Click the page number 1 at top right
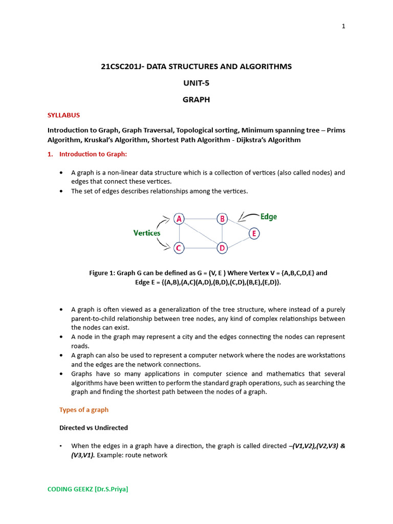pyautogui.click(x=344, y=27)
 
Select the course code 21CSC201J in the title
pyautogui.click(x=121, y=67)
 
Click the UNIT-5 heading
pyautogui.click(x=196, y=83)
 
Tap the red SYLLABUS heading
pyautogui.click(x=63, y=115)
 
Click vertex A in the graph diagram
pyautogui.click(x=179, y=219)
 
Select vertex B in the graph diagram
pyautogui.click(x=222, y=219)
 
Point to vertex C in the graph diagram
pyautogui.click(x=179, y=248)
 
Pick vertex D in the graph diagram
pyautogui.click(x=222, y=248)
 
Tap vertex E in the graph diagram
pyautogui.click(x=253, y=234)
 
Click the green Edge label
pyautogui.click(x=268, y=216)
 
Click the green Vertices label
pyautogui.click(x=147, y=233)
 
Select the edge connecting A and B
pyautogui.click(x=201, y=219)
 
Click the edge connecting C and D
pyautogui.click(x=201, y=248)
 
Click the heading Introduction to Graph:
pyautogui.click(x=93, y=154)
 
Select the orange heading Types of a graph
pyautogui.click(x=84, y=410)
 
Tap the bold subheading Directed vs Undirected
pyautogui.click(x=94, y=427)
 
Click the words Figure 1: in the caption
pyautogui.click(x=102, y=273)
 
